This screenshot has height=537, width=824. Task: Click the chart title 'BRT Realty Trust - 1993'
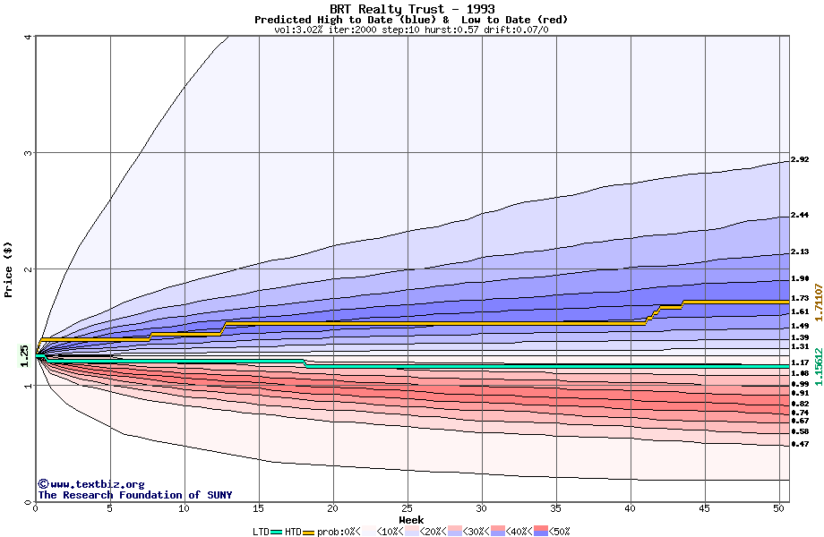coord(412,9)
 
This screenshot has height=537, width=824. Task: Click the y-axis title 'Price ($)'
coord(9,269)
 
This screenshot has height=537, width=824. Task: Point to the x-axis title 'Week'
coord(411,520)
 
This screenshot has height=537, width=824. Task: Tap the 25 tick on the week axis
coord(408,508)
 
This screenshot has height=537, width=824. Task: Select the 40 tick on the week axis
coord(631,508)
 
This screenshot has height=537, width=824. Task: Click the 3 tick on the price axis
coord(28,153)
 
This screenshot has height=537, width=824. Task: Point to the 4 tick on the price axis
coord(28,37)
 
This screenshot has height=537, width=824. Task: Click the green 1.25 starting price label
coord(25,355)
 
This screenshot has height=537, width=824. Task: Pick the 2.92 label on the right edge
coord(800,160)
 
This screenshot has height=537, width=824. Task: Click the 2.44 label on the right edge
coord(800,216)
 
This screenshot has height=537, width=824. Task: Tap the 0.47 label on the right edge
coord(800,444)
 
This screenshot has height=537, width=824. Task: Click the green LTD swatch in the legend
coord(277,532)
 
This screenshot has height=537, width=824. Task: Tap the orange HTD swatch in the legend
coord(309,532)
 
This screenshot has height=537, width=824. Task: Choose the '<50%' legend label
coord(560,532)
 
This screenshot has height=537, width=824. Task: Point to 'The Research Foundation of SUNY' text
coord(134,495)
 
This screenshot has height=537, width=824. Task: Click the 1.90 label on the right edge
coord(800,278)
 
